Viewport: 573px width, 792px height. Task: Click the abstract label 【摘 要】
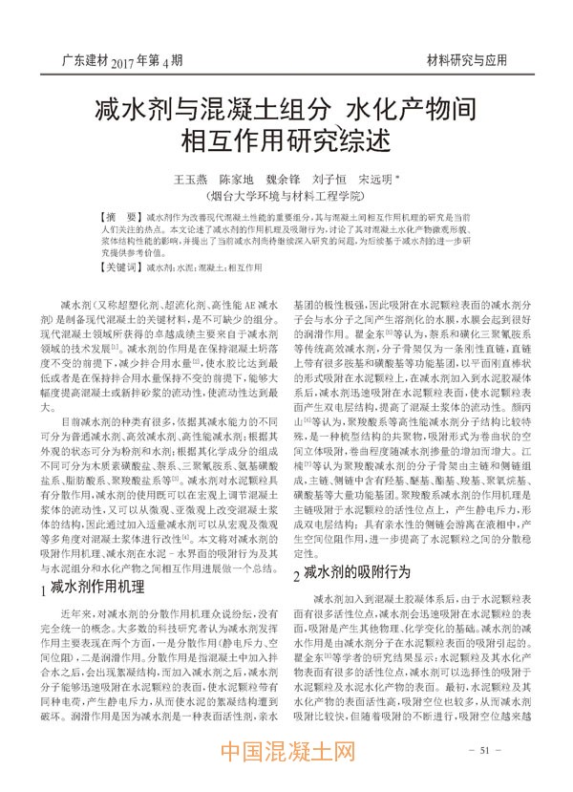[x=121, y=219]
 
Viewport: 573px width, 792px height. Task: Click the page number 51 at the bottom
[x=485, y=751]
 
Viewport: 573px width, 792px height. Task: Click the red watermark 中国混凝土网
[x=286, y=763]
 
